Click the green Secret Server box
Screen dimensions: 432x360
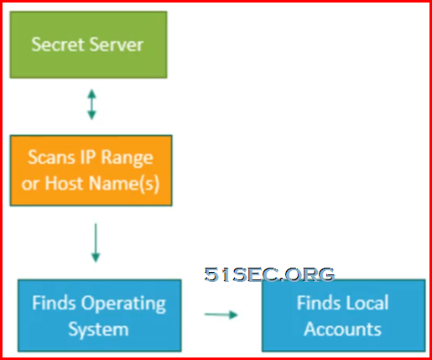(88, 44)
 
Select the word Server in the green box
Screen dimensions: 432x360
(117, 44)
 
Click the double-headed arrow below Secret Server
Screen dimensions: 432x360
(91, 104)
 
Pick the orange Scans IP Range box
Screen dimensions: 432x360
(91, 170)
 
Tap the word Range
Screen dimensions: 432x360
(127, 159)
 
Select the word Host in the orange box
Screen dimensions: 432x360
(64, 183)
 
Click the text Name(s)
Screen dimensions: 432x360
(124, 184)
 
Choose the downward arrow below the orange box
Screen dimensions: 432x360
(96, 243)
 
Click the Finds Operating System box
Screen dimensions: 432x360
(100, 316)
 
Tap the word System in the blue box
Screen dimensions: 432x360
(98, 329)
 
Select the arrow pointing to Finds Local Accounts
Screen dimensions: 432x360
(221, 315)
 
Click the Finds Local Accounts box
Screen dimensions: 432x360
(344, 316)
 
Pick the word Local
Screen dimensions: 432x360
(366, 303)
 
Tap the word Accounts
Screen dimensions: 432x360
(343, 329)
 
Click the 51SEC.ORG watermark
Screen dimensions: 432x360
(269, 274)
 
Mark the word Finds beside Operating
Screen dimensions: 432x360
(54, 303)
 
